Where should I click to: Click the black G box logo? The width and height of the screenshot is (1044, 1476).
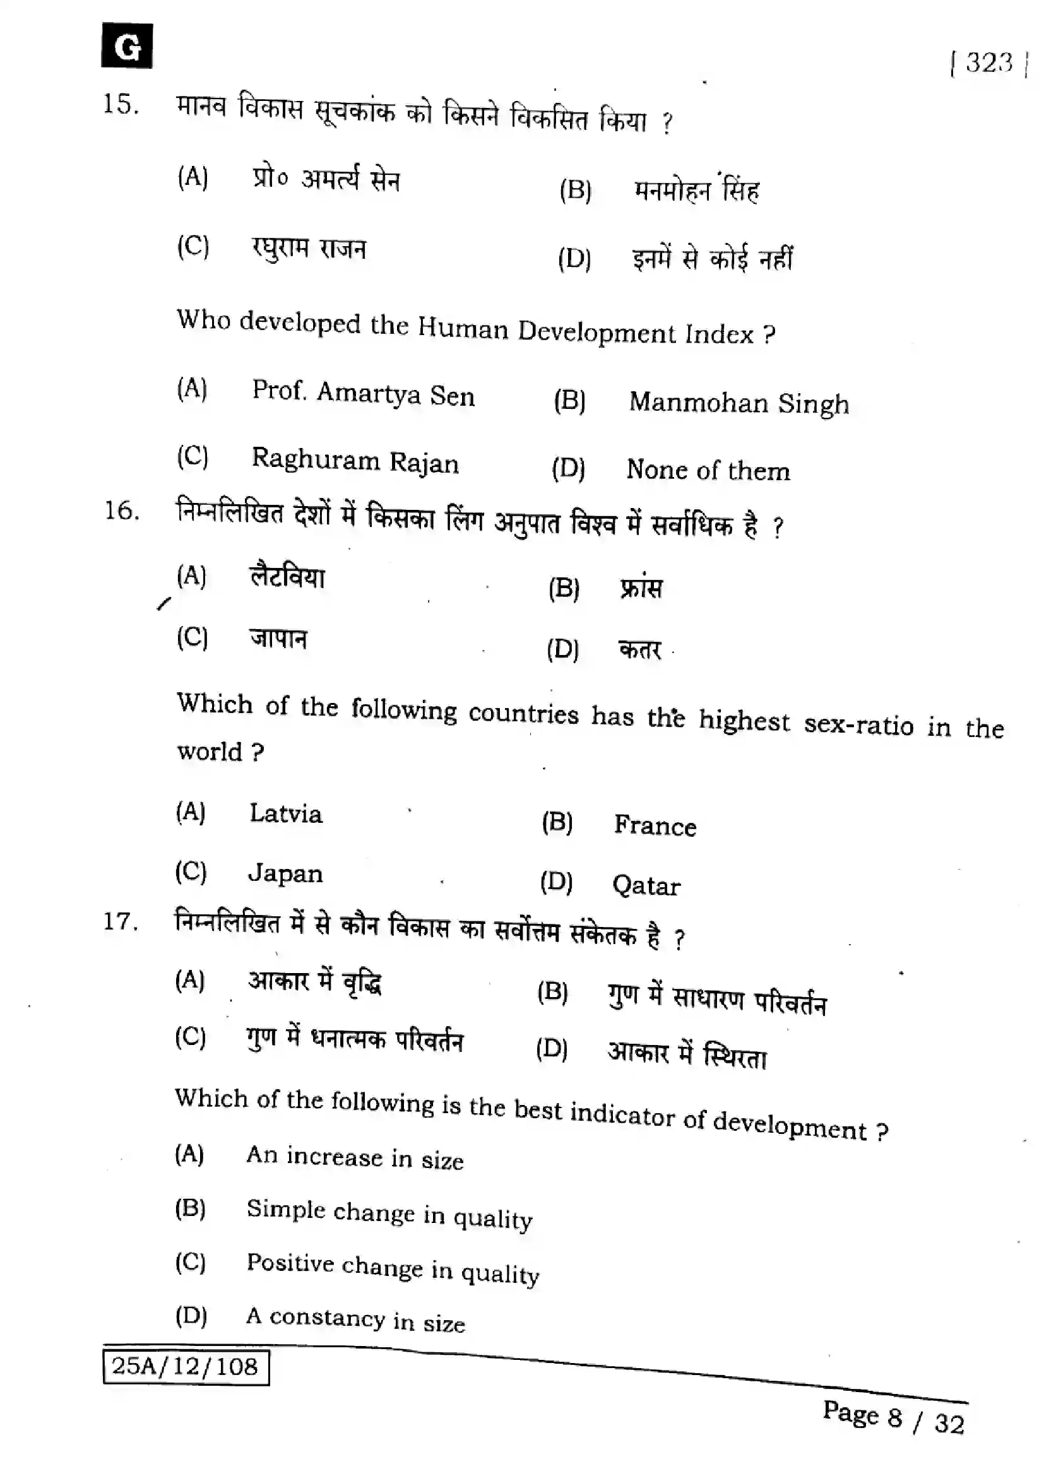[127, 45]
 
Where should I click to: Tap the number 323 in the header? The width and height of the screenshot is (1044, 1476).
[988, 63]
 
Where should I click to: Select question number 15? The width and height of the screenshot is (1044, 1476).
[120, 104]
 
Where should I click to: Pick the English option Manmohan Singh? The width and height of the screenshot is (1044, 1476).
[739, 403]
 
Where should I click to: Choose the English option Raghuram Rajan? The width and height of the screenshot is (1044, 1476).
[355, 461]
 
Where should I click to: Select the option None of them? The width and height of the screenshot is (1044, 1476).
[708, 470]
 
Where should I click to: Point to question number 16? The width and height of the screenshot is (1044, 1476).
[121, 511]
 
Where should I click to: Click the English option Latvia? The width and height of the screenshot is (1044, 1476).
[285, 814]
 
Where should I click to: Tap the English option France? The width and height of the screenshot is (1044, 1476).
[655, 826]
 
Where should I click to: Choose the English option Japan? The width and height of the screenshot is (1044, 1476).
[285, 873]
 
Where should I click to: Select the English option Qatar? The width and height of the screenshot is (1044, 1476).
[646, 886]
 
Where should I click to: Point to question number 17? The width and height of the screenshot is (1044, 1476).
[120, 922]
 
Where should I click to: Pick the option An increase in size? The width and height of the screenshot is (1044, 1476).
[355, 1158]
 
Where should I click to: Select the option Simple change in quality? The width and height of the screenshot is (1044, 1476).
[389, 1213]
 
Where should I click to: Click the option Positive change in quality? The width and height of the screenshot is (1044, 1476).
[392, 1268]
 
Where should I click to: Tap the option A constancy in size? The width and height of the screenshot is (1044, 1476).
[355, 1320]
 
